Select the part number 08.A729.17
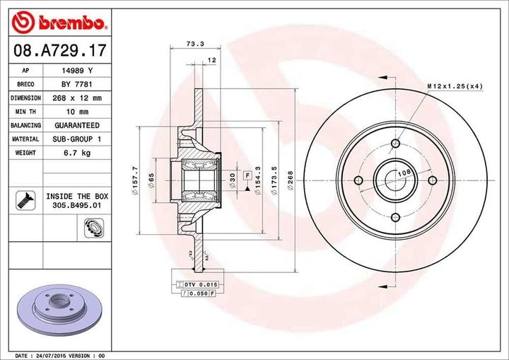point(57,50)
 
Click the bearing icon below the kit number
point(91,226)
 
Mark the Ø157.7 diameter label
point(135,180)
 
